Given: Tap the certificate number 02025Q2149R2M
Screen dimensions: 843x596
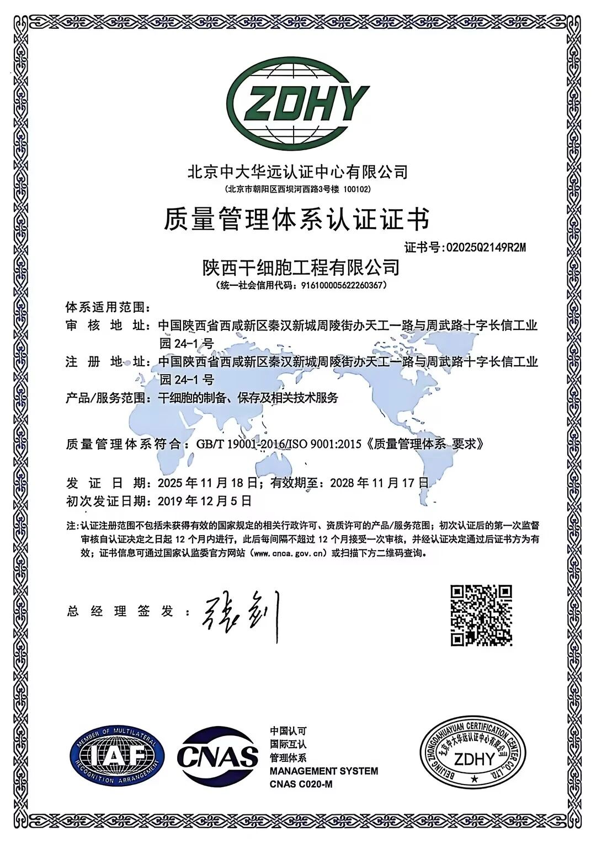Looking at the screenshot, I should point(485,248).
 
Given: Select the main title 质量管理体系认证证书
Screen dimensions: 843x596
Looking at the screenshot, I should point(296,220).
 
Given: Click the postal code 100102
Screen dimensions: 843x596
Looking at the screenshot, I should point(357,189).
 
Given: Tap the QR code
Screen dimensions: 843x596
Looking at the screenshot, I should point(481,615).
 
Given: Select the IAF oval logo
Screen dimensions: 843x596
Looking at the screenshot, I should point(117,755).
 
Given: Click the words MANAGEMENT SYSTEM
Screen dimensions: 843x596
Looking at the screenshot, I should point(324,771).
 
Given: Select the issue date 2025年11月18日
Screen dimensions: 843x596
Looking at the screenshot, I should point(207,483).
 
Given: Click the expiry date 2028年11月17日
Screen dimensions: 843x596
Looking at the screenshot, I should point(379,483).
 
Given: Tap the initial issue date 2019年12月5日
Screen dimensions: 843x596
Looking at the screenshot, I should point(204,501).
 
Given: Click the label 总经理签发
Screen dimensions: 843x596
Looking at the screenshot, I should point(120,611).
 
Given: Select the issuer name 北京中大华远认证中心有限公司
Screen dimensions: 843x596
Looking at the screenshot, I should point(298,172).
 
